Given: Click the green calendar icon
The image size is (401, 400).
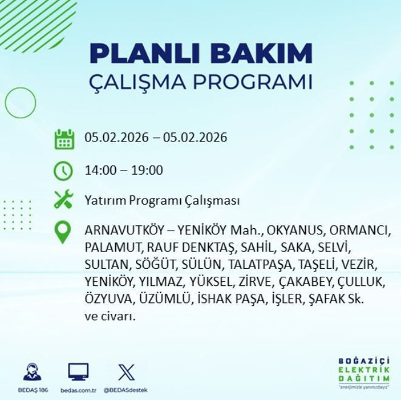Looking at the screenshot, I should [64, 138].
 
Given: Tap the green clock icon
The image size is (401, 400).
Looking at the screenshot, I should [64, 171].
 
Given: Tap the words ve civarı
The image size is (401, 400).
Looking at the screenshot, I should [110, 316].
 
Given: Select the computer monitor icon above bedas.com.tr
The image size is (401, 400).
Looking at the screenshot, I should [78, 371].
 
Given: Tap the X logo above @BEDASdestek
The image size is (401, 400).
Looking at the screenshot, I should [126, 371].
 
